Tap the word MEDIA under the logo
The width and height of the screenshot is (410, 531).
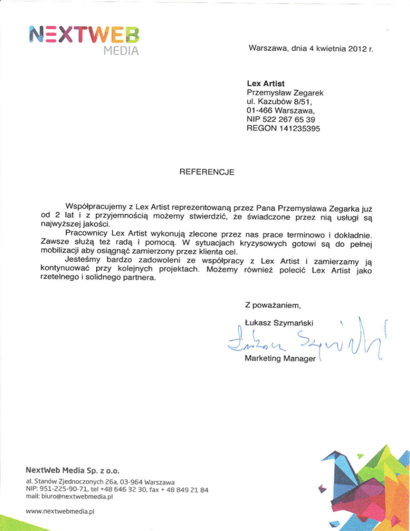122,52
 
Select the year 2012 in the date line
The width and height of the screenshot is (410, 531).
351,50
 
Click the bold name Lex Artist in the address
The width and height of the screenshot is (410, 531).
265,84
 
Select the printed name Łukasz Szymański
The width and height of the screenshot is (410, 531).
278,322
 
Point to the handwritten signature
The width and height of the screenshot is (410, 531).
299,342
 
